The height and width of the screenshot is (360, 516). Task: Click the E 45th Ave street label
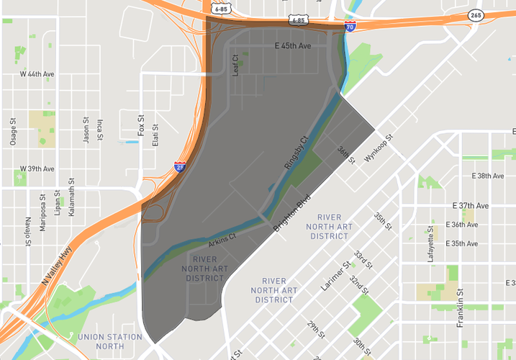tap(293, 45)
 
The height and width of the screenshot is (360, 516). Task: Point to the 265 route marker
tap(476, 14)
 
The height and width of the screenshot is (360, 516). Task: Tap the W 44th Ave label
tap(36, 74)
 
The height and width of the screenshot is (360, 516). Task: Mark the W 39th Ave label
tap(37, 169)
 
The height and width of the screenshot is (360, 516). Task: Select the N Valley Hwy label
tap(58, 266)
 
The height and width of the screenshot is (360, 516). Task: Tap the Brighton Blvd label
tap(291, 212)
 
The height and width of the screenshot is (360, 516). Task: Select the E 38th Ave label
tap(489, 176)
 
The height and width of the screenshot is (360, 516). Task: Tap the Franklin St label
tap(460, 308)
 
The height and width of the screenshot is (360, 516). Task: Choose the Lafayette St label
tap(431, 244)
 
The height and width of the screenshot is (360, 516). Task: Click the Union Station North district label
tap(109, 341)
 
